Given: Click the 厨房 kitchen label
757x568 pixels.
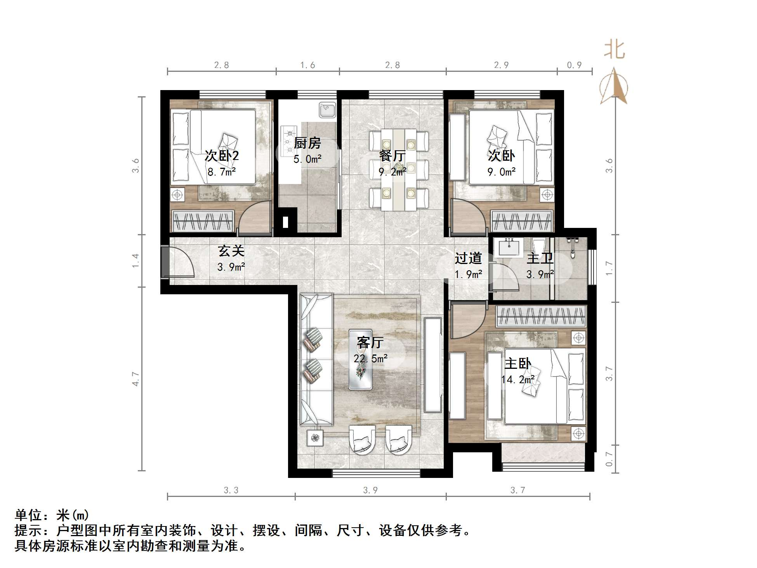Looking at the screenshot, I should [x=307, y=143].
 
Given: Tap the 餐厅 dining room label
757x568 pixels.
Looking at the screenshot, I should [x=392, y=156].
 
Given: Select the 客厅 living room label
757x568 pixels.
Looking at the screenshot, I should [x=370, y=342].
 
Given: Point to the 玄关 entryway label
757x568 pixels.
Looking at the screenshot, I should [x=231, y=251].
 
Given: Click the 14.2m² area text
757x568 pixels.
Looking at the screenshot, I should [x=518, y=379].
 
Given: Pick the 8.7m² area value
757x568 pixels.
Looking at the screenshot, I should [x=222, y=172].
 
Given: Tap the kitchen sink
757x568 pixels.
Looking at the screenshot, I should [x=328, y=110].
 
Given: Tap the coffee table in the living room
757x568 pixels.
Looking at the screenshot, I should [x=361, y=359].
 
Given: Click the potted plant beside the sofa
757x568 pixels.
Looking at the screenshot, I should [x=315, y=438].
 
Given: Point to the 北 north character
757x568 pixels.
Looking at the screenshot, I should [x=614, y=50].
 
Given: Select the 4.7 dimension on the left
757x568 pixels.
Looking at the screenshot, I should [x=135, y=379].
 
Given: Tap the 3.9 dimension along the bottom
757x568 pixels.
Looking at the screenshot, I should [x=370, y=490].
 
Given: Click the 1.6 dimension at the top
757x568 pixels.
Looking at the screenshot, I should [x=307, y=65].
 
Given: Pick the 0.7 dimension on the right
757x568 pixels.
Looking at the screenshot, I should [x=609, y=459].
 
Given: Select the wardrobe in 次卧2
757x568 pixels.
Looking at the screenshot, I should [x=203, y=222].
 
